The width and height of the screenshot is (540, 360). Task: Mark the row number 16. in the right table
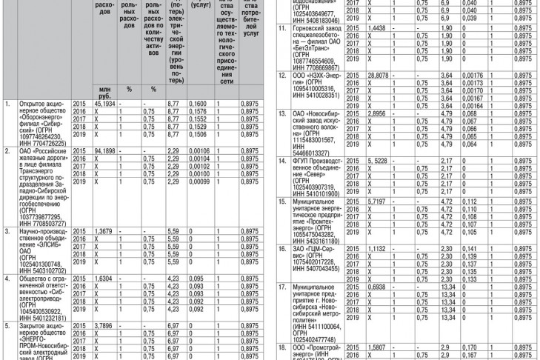282,248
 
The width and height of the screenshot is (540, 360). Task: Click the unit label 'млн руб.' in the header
106,92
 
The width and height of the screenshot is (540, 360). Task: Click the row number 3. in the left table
7,232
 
